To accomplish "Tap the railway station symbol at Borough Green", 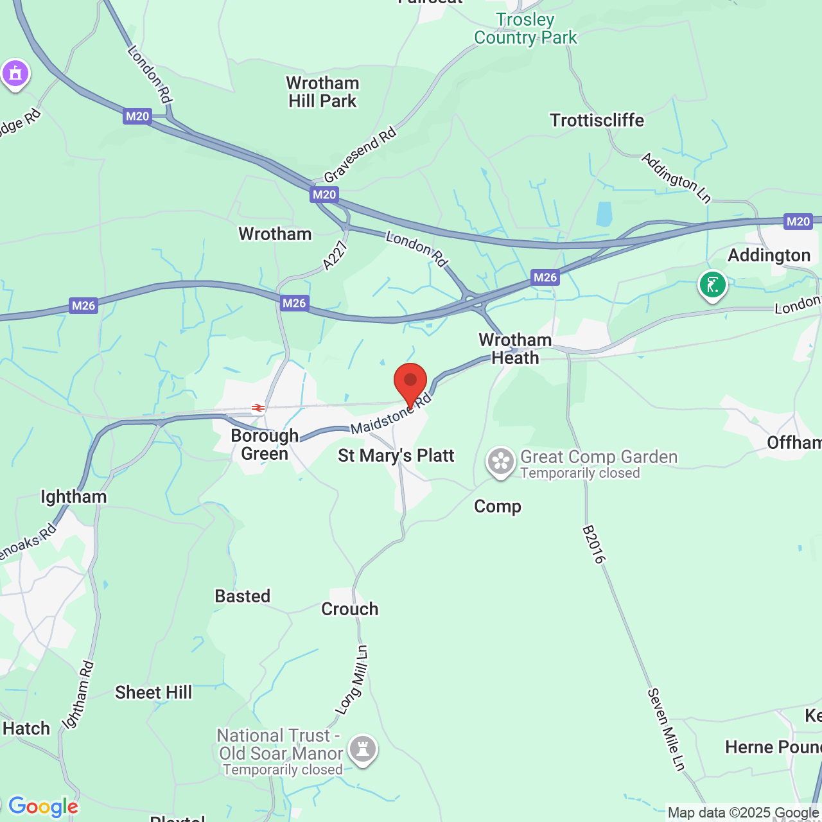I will point(258,408).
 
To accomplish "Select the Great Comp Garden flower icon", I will point(500,462).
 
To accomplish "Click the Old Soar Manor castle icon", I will point(363,749).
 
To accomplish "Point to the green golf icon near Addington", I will point(712,284).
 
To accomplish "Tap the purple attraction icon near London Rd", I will point(15,74).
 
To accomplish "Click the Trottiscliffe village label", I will point(597,121).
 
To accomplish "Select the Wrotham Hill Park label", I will point(322,92).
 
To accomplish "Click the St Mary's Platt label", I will point(396,456).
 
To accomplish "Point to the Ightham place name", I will point(74,497).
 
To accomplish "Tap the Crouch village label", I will point(350,609).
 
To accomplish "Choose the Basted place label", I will point(243,597).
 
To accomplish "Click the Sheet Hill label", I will point(153,692).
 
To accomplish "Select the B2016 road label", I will point(593,545).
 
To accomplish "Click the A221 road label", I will point(335,255).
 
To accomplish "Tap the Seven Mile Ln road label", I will point(667,729).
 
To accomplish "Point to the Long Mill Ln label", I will point(352,680).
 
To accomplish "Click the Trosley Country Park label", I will point(525,29).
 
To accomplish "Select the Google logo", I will point(43,807).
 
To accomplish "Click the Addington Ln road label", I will point(677,178).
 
